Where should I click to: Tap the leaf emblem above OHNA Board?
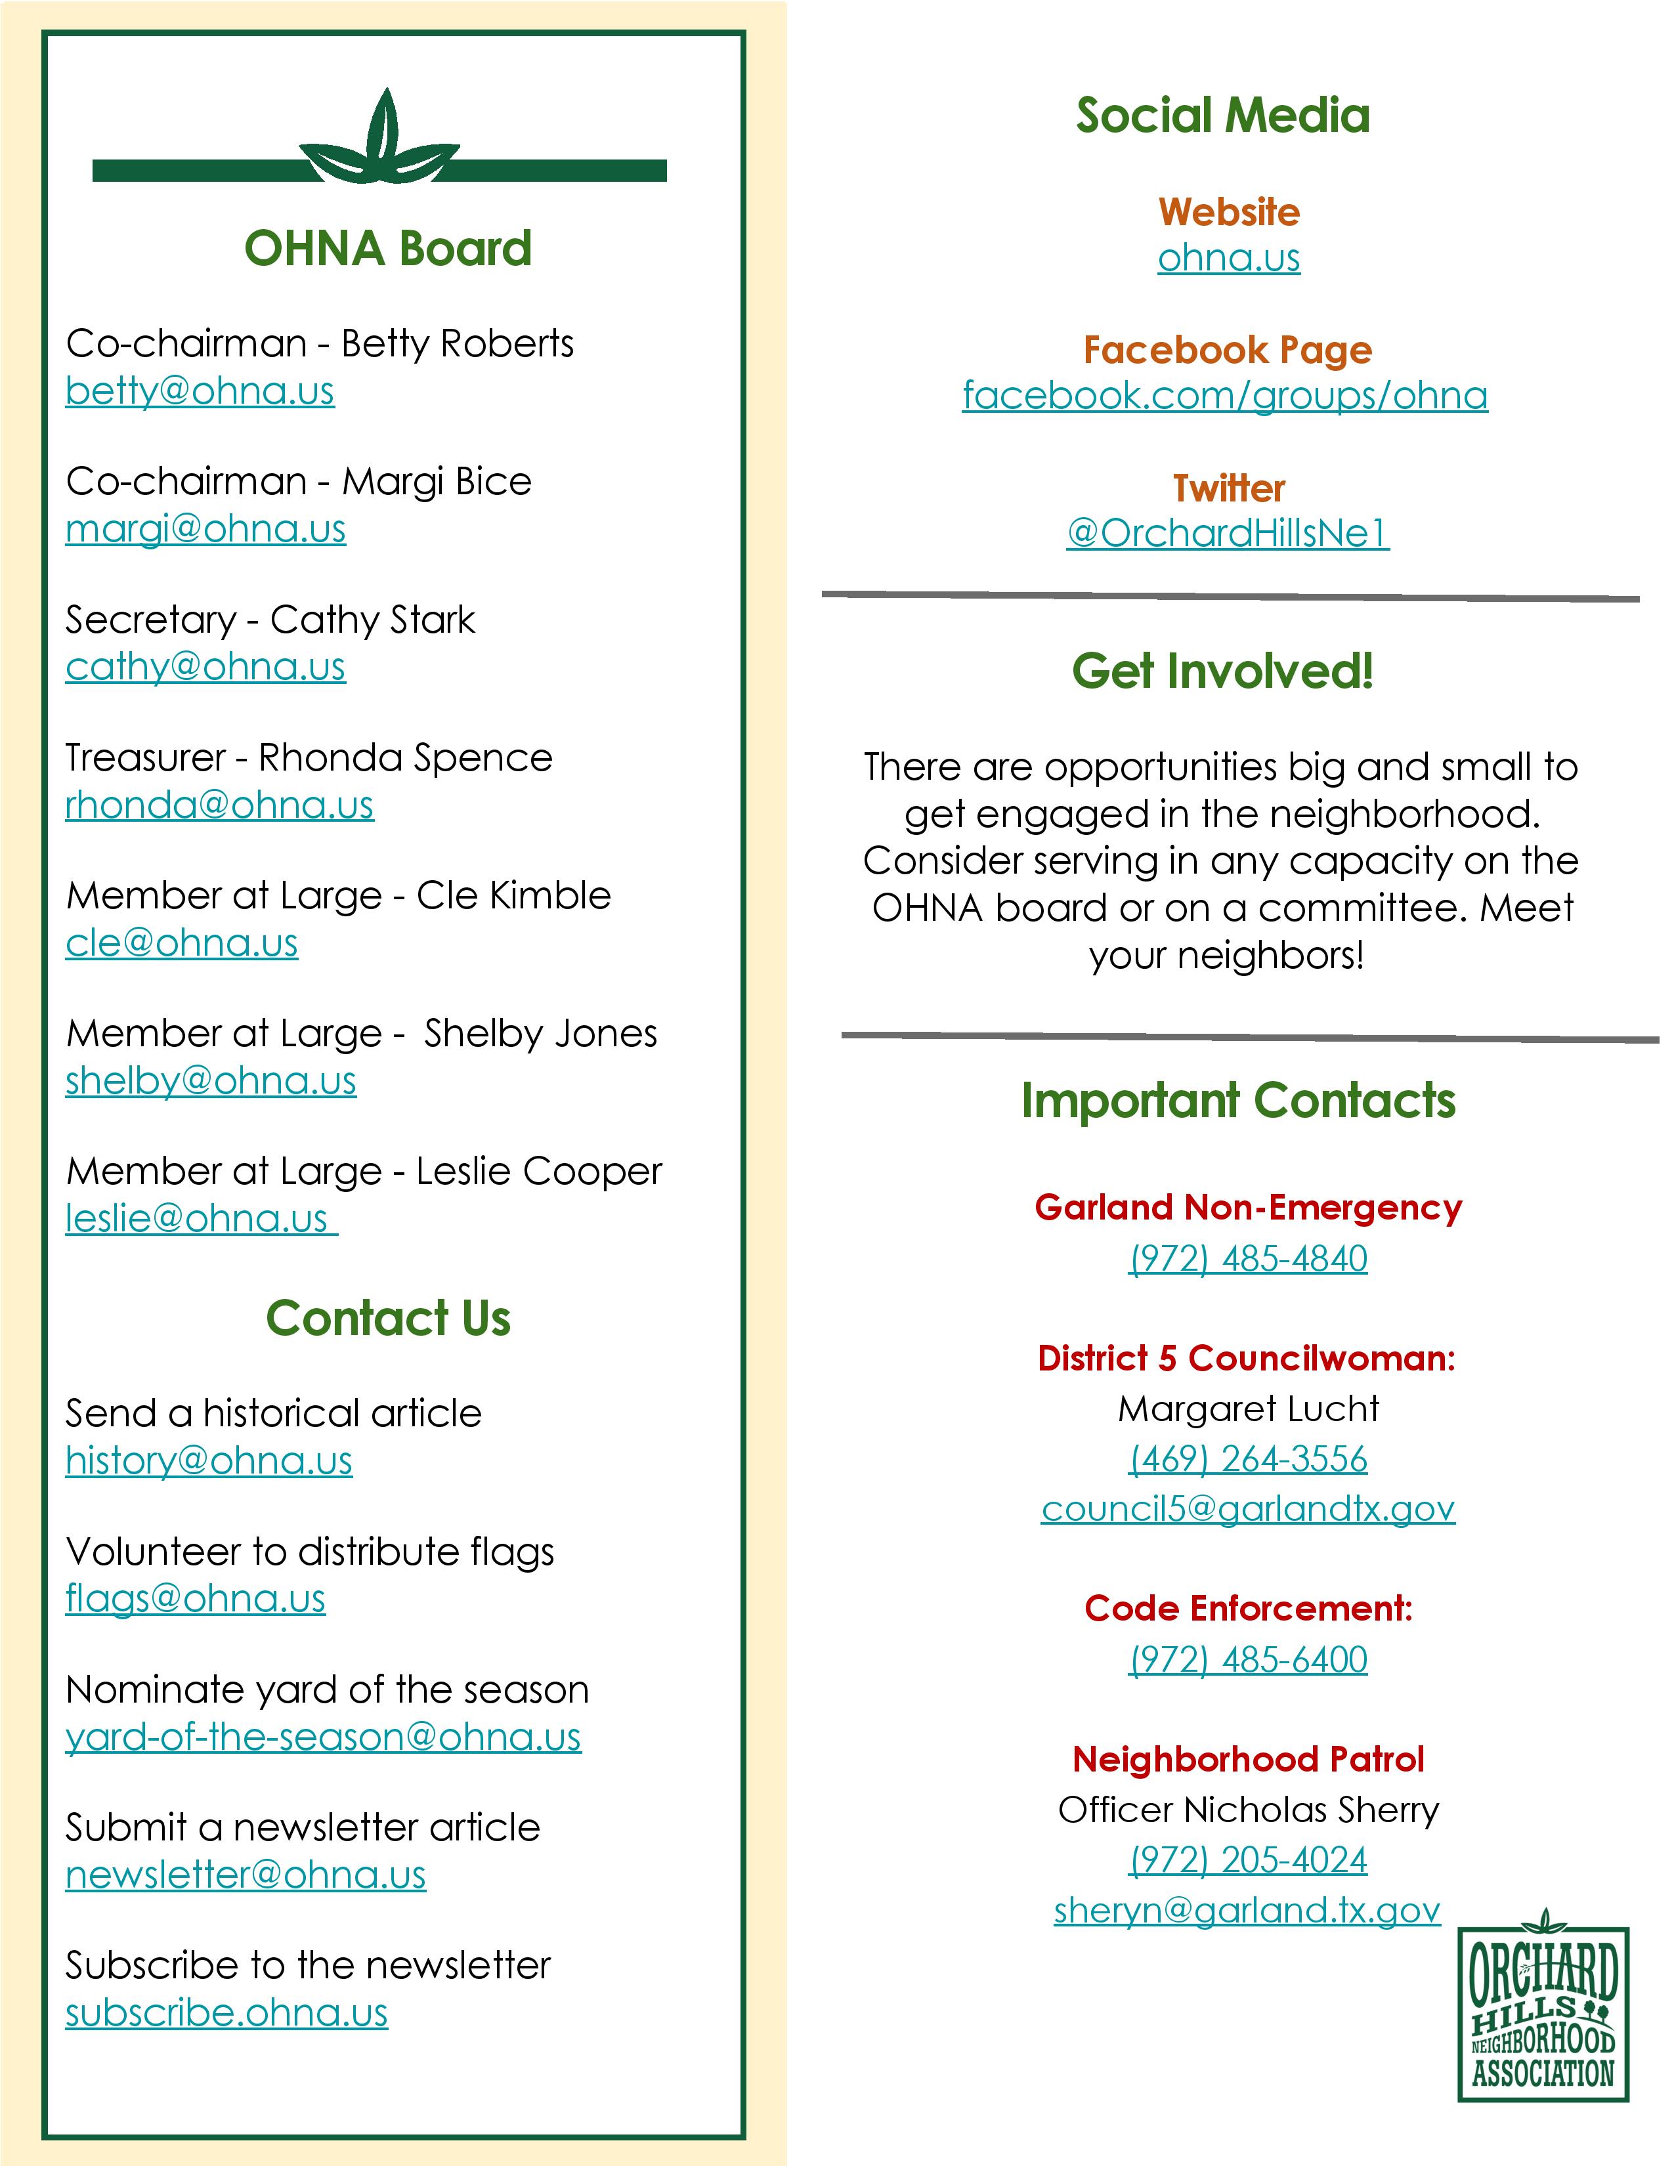point(380,141)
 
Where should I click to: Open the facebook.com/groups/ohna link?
point(1225,396)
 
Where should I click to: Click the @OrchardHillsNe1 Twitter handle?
point(1228,534)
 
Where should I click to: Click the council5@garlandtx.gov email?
point(1247,1508)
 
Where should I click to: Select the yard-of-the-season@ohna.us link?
point(323,1737)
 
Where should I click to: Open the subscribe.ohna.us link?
point(226,2012)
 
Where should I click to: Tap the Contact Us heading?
point(388,1318)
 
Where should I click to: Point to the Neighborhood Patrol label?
point(1247,1759)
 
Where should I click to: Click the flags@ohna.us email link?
point(196,1599)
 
